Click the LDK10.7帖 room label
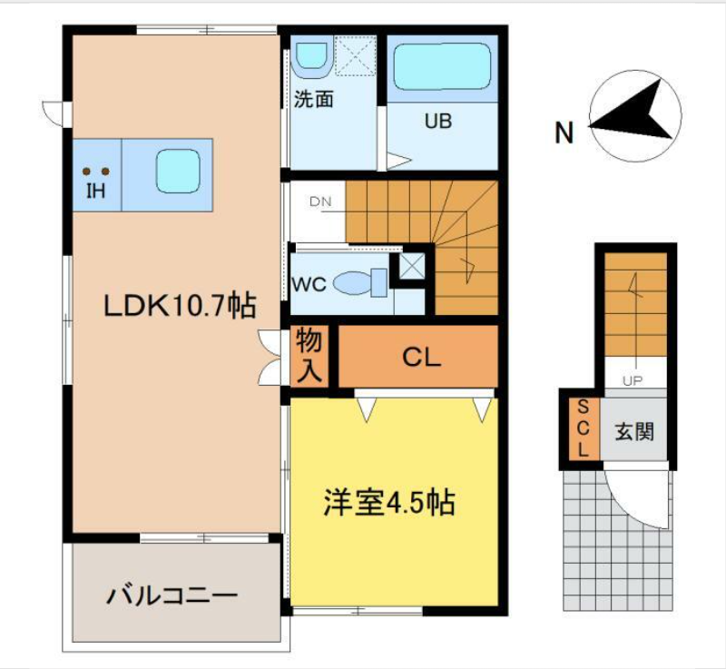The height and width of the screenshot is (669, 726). click(x=180, y=307)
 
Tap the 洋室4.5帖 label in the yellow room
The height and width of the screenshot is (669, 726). click(x=389, y=503)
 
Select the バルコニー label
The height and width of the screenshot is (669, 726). click(x=172, y=595)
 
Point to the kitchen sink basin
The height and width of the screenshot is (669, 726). click(x=178, y=171)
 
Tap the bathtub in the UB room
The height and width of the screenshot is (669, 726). click(x=442, y=66)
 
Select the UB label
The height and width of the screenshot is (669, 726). click(x=438, y=122)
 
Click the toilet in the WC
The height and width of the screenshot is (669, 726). click(x=360, y=282)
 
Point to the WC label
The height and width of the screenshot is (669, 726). click(x=309, y=284)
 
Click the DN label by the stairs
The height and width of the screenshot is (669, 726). click(x=320, y=202)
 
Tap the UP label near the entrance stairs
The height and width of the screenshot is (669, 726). click(x=633, y=381)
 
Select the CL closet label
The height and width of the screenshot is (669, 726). click(x=421, y=358)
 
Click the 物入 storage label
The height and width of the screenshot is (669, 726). click(x=309, y=356)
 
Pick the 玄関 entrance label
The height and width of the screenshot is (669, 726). click(x=633, y=431)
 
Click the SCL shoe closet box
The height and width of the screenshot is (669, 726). click(x=584, y=428)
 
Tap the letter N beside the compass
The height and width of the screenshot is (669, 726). click(x=564, y=133)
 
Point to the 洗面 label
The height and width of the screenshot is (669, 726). click(x=314, y=99)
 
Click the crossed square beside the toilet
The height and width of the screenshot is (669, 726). click(x=412, y=267)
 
